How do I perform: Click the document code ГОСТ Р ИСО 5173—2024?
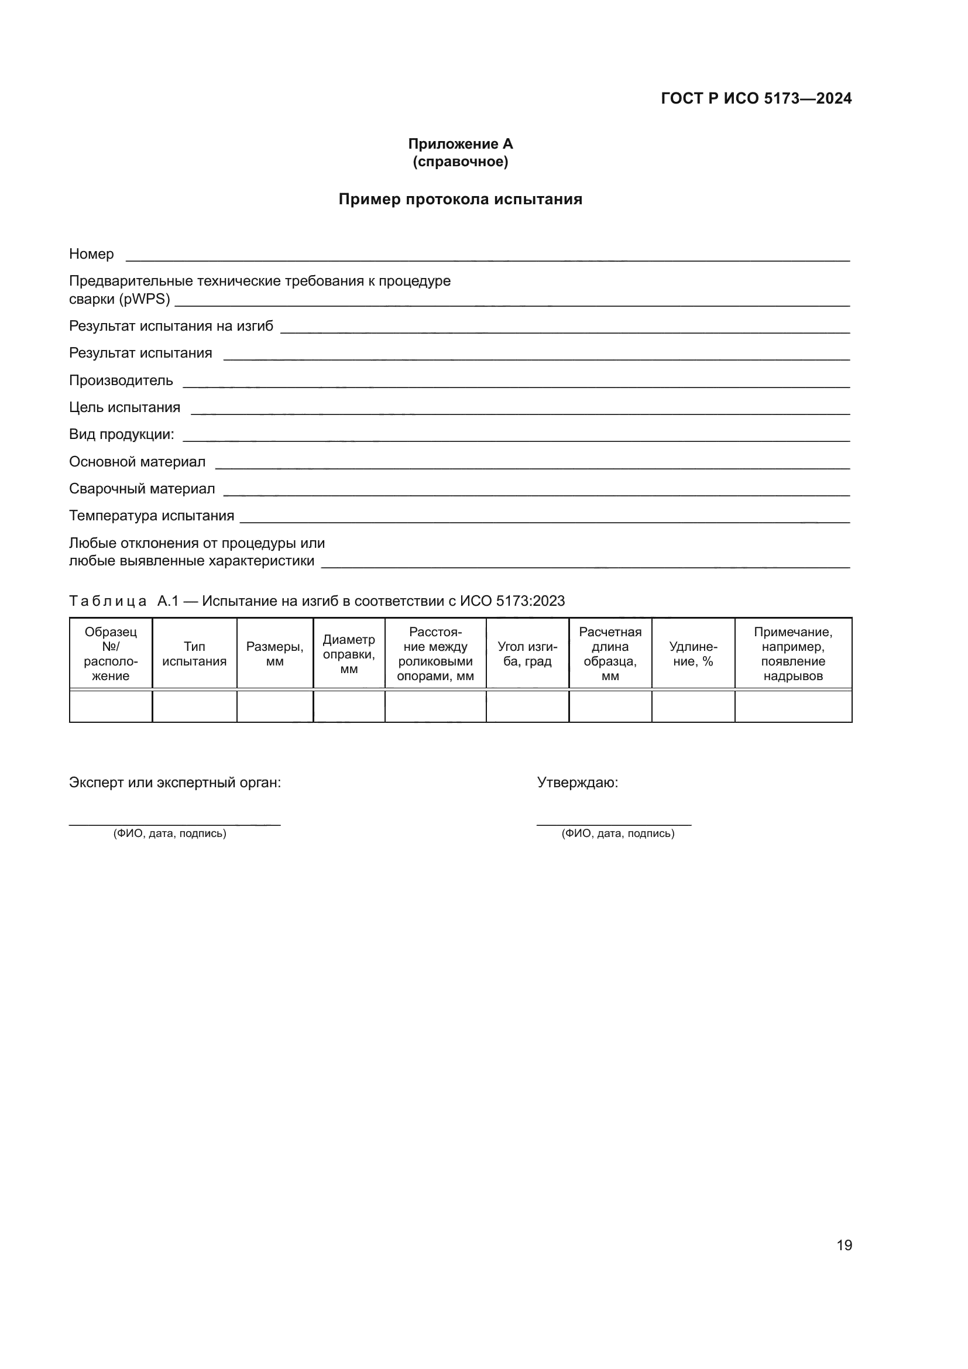point(756,98)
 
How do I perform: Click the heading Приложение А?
point(460,144)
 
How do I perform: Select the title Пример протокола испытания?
point(460,199)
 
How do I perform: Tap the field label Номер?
point(91,254)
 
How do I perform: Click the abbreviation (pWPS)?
point(144,299)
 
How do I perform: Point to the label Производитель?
point(121,380)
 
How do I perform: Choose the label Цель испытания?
point(125,407)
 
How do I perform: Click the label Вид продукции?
point(122,434)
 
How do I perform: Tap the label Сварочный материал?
point(142,489)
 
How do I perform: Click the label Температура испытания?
point(152,516)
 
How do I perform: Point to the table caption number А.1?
point(168,601)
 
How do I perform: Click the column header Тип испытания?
point(194,654)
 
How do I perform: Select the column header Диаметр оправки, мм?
point(349,654)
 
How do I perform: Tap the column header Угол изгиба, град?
point(527,654)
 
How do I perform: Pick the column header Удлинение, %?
point(692,654)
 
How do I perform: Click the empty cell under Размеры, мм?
point(275,706)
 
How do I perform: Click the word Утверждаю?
point(578,783)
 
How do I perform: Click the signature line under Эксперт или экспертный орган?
point(174,825)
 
